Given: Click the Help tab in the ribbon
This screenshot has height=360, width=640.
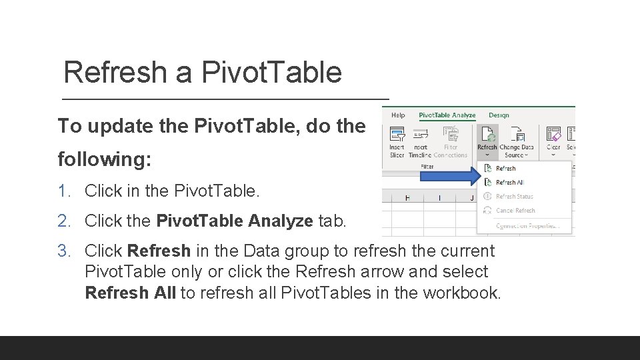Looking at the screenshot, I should coord(398,115).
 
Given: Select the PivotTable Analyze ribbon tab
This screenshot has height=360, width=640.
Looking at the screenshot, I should coord(447,115).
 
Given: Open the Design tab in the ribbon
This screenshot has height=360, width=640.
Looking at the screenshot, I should coord(499,115).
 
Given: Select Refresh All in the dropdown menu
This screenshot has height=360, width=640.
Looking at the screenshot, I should coord(509,183).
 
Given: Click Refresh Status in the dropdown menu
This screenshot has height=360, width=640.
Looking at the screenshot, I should coord(514,197).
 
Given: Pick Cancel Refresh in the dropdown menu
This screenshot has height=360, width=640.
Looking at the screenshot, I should coord(515,211).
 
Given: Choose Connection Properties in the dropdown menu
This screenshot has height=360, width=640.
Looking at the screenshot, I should coord(527,226).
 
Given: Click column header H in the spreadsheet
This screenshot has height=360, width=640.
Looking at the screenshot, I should coord(407,197).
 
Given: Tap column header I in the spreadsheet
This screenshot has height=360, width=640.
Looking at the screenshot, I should coord(439,197).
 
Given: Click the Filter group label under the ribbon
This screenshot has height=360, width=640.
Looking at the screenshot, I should coord(427,167).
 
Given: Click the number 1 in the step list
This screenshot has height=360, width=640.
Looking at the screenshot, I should coord(63,191).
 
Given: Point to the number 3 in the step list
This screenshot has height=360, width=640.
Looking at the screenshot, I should coord(63,251).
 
